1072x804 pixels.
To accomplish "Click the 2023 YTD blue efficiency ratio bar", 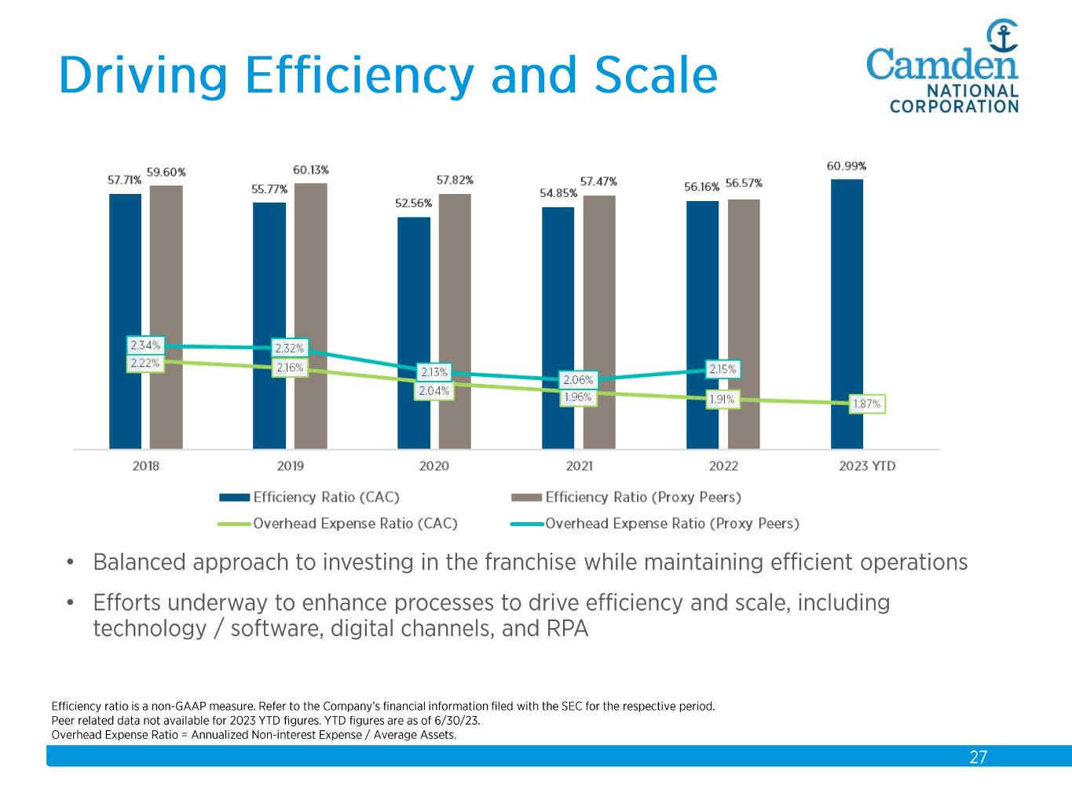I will click(x=847, y=313).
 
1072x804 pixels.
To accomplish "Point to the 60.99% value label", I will click(x=847, y=166).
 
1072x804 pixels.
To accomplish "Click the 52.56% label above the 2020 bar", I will click(x=413, y=203).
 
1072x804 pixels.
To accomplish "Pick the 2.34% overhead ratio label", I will click(x=145, y=345).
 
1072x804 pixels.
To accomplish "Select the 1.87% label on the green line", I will click(x=867, y=404).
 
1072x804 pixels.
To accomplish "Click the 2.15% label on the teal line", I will click(x=723, y=369).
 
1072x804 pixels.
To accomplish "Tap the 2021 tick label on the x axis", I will click(x=580, y=466).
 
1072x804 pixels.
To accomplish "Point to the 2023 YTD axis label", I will click(x=867, y=466).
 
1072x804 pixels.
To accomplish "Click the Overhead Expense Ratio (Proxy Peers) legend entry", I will click(x=671, y=523).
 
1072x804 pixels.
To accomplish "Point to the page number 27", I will click(x=978, y=757).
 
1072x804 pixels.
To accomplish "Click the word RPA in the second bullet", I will click(x=565, y=629).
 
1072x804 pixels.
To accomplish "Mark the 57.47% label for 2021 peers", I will click(x=598, y=181).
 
